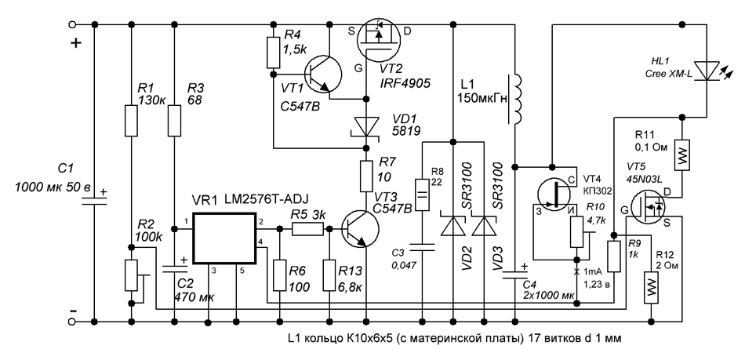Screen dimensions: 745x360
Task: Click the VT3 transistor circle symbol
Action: coord(360,229)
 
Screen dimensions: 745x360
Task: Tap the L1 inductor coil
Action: coord(518,99)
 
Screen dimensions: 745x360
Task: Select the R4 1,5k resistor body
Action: coord(273,53)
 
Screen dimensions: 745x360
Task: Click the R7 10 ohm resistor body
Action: coord(366,176)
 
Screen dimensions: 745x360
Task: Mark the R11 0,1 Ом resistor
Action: coord(682,155)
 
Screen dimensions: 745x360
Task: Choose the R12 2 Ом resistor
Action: coord(650,287)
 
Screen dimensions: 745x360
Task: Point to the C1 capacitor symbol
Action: coord(94,198)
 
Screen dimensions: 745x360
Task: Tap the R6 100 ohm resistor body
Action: coord(279,275)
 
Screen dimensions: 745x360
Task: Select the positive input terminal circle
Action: coord(73,24)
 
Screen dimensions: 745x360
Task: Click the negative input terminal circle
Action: coord(73,322)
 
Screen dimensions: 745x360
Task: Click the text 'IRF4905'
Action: coord(405,84)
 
